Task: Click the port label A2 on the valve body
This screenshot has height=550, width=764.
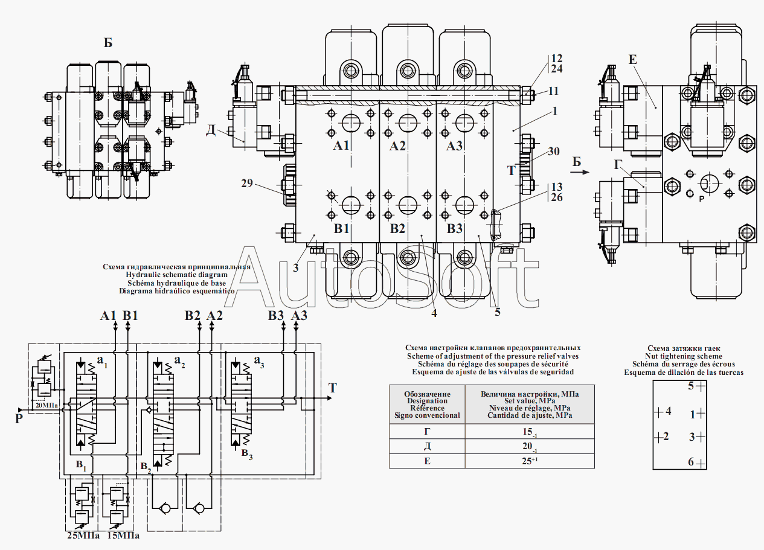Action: point(397,146)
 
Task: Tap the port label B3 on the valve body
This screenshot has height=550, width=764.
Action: point(454,228)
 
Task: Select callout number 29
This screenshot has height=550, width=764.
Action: point(247,184)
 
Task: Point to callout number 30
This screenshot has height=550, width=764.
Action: point(554,151)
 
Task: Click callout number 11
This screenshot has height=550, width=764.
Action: point(553,91)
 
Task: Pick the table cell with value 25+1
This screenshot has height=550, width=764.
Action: point(530,461)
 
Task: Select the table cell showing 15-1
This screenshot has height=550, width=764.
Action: point(530,432)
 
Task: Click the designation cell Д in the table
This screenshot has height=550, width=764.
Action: point(427,446)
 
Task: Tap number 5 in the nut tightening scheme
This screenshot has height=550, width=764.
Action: point(691,386)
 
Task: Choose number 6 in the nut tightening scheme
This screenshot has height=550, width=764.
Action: point(691,462)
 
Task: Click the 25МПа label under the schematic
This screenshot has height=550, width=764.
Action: point(83,536)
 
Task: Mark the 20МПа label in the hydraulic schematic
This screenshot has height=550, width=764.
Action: point(47,405)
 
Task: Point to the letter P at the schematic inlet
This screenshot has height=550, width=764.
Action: point(19,419)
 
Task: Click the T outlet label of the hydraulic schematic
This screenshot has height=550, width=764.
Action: point(333,388)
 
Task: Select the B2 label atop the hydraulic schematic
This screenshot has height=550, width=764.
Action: point(193,316)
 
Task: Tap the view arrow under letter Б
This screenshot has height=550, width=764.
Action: point(579,172)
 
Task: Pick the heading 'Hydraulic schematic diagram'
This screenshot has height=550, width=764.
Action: point(177,275)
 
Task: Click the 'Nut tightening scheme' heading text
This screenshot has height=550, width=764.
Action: point(684,356)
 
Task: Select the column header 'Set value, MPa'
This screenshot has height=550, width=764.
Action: point(530,401)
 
